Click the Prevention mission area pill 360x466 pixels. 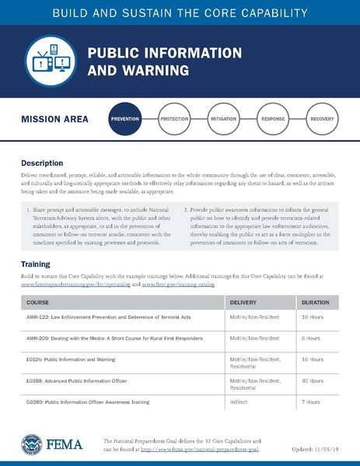coord(125,119)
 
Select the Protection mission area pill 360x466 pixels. coord(174,119)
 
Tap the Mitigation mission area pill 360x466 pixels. coord(223,119)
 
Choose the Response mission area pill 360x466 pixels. coord(273,119)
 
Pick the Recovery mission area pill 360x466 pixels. coord(322,119)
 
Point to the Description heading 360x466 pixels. coord(42,163)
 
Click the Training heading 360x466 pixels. coord(36,265)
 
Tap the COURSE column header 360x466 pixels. coord(38,301)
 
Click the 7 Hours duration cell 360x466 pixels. coord(310,402)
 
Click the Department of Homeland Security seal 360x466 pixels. coord(32,446)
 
